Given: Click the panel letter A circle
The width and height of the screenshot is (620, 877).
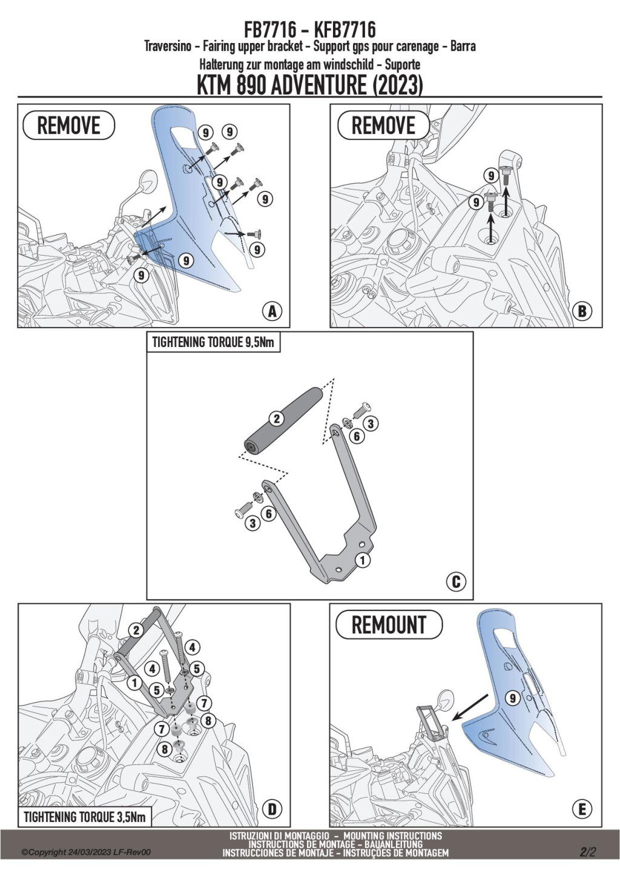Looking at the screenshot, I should click(272, 311).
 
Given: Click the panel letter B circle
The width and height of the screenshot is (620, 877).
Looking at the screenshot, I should click(582, 311).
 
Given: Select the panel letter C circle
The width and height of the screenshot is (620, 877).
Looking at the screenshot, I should click(456, 582).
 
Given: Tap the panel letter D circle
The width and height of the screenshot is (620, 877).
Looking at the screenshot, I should click(272, 809).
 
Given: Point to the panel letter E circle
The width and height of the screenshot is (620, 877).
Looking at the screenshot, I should click(582, 809).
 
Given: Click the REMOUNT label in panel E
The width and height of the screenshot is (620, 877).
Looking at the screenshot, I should click(389, 624).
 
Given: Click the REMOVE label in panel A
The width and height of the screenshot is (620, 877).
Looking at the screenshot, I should click(68, 125).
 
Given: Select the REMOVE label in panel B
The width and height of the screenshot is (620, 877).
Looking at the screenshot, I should click(383, 125).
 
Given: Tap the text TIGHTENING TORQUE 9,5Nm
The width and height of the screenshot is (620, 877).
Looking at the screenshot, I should click(213, 342).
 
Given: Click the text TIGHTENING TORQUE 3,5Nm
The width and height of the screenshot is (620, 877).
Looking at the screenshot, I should click(85, 817).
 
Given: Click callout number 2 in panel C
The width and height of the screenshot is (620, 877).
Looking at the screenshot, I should click(276, 419).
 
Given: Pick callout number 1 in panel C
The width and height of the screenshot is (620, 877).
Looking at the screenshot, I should click(362, 560).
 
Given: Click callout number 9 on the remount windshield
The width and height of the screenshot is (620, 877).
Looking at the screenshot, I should click(513, 698).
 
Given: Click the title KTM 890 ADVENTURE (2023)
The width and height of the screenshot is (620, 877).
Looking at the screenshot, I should click(309, 85).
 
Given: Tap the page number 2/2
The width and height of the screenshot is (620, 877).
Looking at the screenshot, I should click(588, 852).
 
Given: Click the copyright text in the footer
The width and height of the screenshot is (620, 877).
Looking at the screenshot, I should click(86, 852).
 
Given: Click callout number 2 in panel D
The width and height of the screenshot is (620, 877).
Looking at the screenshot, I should click(137, 630).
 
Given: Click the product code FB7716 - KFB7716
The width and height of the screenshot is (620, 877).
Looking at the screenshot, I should click(309, 29).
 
